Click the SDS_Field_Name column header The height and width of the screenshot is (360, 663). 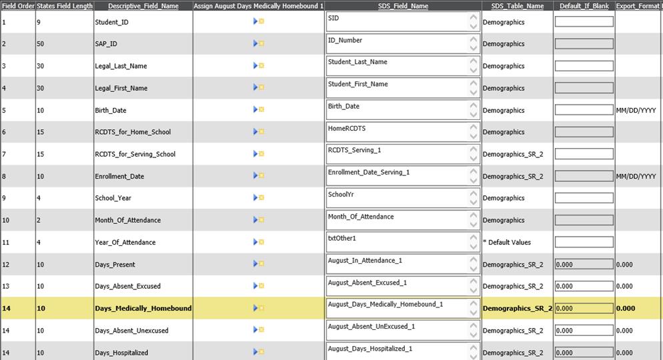tap(403, 6)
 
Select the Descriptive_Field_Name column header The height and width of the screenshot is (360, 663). tap(143, 6)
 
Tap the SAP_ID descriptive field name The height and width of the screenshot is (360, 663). tap(106, 44)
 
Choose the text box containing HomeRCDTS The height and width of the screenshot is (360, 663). tap(398, 132)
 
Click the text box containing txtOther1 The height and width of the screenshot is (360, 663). tap(398, 242)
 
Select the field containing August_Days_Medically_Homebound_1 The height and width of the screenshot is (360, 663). tap(398, 308)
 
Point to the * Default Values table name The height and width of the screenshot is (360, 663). tap(507, 242)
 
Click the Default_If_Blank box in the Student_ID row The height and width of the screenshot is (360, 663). tap(584, 22)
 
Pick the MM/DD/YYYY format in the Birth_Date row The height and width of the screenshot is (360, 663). tap(636, 110)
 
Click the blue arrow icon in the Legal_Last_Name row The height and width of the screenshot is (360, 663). tap(255, 65)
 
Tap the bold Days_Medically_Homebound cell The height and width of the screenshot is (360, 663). tap(143, 308)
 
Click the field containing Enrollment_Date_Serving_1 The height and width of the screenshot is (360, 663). tap(398, 176)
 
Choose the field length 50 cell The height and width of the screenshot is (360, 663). tap(41, 44)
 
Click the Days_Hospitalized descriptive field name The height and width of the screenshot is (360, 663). tap(121, 352)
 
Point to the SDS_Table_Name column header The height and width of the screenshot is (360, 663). tap(517, 6)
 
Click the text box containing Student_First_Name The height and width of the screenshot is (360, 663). tap(398, 88)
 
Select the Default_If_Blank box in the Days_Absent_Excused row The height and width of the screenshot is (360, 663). tap(584, 286)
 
